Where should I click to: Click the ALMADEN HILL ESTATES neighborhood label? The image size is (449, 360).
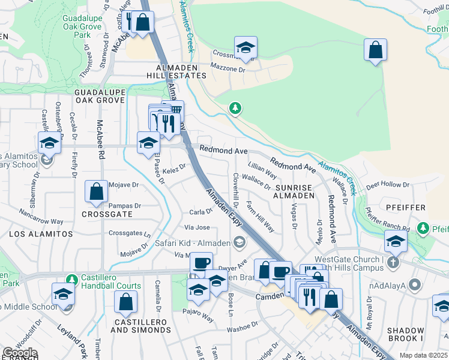pyautogui.click(x=176, y=71)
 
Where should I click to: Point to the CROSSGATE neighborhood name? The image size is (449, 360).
pyautogui.click(x=107, y=214)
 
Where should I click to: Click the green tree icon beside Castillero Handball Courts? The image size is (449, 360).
pyautogui.click(x=72, y=279)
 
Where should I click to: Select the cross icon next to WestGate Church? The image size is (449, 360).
pyautogui.click(x=393, y=262)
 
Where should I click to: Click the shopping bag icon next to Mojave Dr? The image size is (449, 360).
pyautogui.click(x=96, y=193)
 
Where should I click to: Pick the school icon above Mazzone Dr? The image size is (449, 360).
pyautogui.click(x=246, y=48)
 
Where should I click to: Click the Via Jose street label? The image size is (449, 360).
pyautogui.click(x=197, y=227)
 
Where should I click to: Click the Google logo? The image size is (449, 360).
pyautogui.click(x=20, y=353)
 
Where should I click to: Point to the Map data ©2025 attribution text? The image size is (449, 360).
pyautogui.click(x=423, y=355)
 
